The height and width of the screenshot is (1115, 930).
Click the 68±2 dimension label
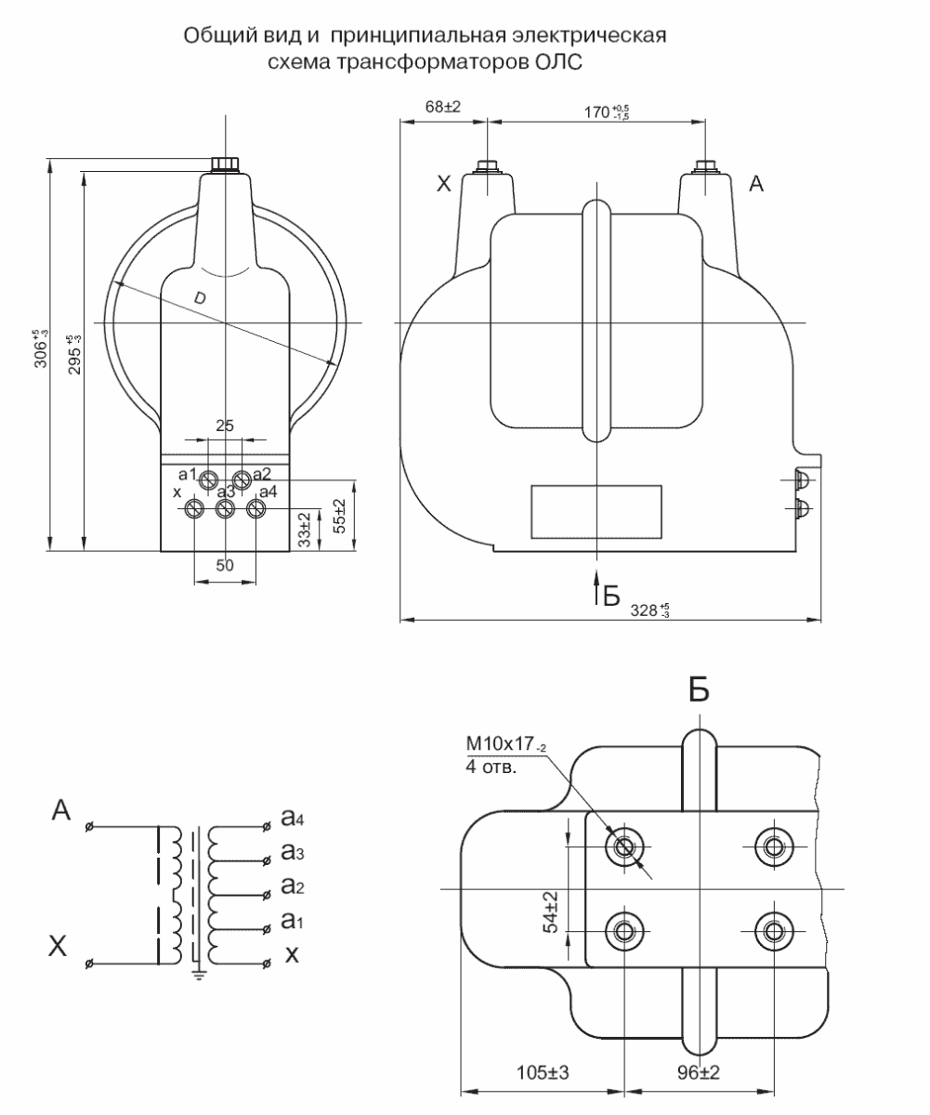click(x=442, y=107)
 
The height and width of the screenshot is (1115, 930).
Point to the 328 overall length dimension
click(x=649, y=610)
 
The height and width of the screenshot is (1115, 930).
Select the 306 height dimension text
click(x=41, y=348)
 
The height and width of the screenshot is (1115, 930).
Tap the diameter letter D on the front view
click(x=200, y=297)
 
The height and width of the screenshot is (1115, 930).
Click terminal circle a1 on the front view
click(x=208, y=480)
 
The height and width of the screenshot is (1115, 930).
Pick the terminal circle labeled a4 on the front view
click(x=256, y=509)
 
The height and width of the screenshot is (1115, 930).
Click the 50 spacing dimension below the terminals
click(x=225, y=565)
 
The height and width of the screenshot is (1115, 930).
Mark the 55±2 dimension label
click(x=339, y=516)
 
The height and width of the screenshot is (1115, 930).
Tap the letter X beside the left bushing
click(x=444, y=184)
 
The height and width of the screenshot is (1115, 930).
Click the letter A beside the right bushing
click(x=756, y=184)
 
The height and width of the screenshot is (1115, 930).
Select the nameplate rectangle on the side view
click(x=596, y=512)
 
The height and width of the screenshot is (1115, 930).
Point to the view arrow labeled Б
click(x=596, y=587)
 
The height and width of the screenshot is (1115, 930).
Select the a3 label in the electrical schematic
click(x=293, y=851)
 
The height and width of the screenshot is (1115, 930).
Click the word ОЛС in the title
click(x=557, y=62)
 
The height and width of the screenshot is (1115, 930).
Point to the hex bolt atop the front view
click(x=225, y=164)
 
